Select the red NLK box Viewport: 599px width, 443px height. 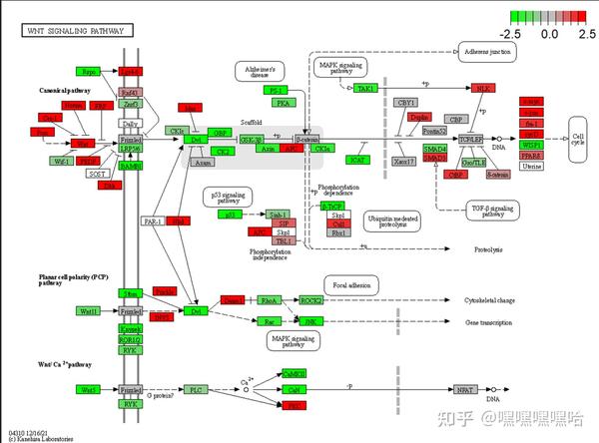(x=484, y=89)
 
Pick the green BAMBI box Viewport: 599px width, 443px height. (x=130, y=166)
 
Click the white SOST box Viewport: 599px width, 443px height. (x=98, y=173)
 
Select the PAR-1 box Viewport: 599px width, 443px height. (x=153, y=221)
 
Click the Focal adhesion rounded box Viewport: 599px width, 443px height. (x=350, y=286)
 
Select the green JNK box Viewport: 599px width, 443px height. (x=309, y=321)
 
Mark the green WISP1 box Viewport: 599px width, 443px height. (x=531, y=145)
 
